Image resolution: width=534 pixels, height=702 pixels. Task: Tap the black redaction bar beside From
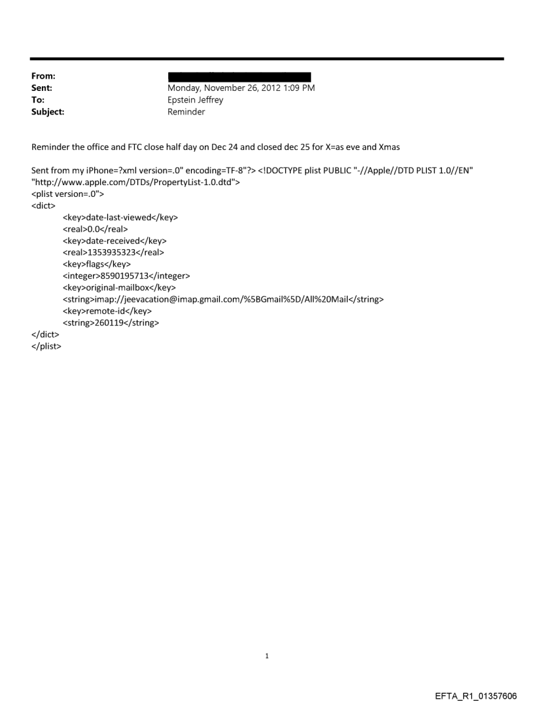click(239, 77)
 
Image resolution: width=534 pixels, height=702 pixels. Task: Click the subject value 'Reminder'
click(187, 112)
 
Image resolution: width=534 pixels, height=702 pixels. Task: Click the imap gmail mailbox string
click(222, 299)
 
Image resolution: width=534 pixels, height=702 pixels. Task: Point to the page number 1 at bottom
click(267, 655)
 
